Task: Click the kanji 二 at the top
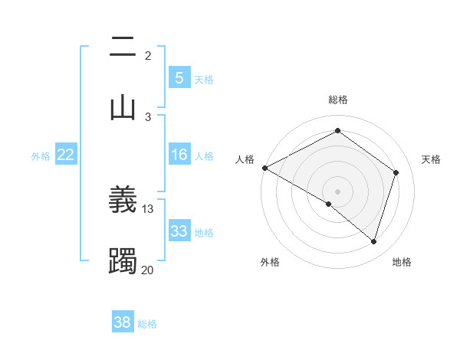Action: click(123, 47)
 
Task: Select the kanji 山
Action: click(123, 107)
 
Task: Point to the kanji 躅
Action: click(123, 261)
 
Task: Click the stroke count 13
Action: click(148, 208)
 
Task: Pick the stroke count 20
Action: click(148, 270)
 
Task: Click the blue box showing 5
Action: click(179, 78)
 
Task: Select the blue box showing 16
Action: click(179, 155)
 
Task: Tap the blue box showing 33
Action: click(179, 231)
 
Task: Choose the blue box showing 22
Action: click(65, 155)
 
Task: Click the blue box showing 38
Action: click(123, 323)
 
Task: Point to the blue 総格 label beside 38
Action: click(147, 324)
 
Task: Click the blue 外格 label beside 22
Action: click(41, 155)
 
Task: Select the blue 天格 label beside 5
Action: click(204, 79)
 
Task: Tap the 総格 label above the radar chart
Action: click(337, 100)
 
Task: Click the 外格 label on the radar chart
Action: click(270, 262)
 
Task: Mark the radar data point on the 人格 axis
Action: click(264, 168)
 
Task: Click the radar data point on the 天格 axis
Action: click(396, 172)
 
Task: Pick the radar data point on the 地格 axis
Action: click(374, 241)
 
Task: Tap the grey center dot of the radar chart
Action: click(337, 191)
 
